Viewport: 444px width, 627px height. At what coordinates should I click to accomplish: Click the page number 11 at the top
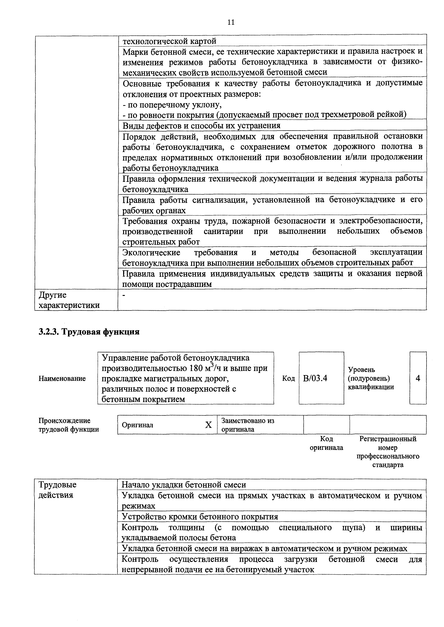[231, 22]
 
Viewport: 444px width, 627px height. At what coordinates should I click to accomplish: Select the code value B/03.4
[315, 378]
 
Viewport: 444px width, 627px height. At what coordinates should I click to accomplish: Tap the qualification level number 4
[418, 378]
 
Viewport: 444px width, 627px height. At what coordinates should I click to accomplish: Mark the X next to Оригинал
[208, 425]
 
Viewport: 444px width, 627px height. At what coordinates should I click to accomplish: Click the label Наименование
[62, 378]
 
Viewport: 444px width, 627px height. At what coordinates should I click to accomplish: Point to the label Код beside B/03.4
[288, 378]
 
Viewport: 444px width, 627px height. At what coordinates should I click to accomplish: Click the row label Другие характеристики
[69, 300]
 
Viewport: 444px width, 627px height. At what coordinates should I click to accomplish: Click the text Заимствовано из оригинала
[248, 425]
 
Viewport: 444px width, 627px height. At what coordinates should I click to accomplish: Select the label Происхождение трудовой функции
[69, 425]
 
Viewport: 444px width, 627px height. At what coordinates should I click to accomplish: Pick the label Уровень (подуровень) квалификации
[371, 378]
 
